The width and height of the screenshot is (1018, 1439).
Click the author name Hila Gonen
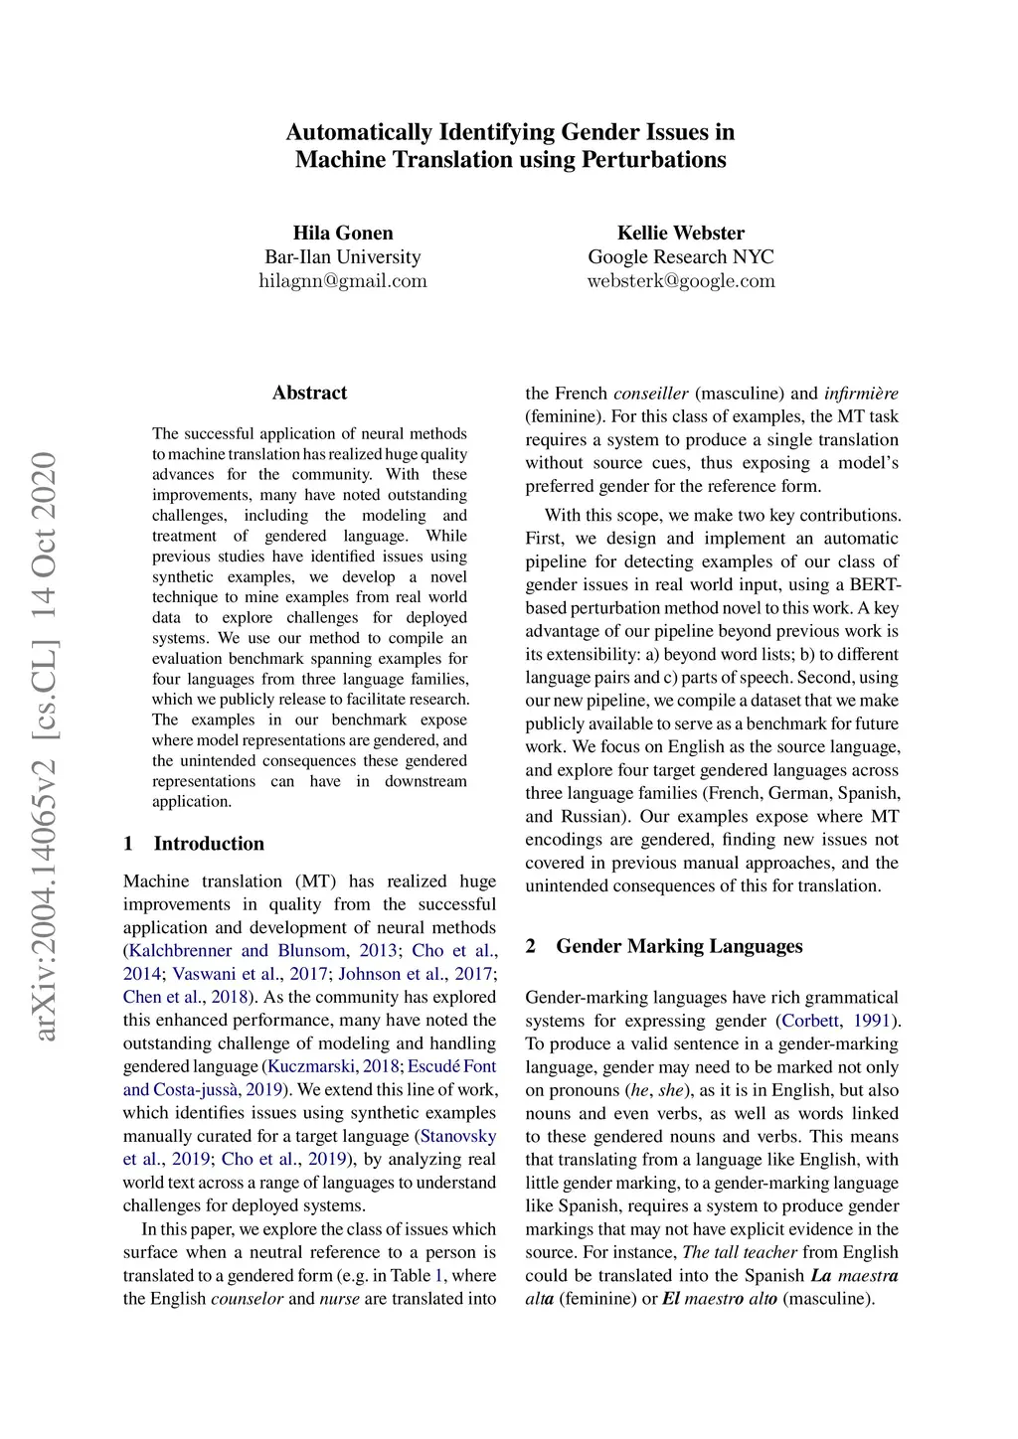pos(343,233)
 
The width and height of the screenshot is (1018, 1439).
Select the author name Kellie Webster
pos(680,233)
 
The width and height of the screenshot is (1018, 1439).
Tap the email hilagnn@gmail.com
pos(343,280)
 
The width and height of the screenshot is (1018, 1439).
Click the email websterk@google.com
pos(680,280)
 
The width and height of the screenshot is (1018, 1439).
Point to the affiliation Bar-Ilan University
pos(343,256)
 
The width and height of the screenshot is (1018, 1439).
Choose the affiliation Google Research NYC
pos(680,256)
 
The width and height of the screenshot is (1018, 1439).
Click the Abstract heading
pos(309,393)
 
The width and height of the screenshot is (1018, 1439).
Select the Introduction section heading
pos(209,844)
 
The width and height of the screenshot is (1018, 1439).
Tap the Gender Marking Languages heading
pos(679,946)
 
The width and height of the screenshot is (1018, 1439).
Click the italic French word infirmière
pos(861,394)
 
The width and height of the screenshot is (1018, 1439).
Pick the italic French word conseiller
pos(650,394)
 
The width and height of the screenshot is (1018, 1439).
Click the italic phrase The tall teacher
pos(740,1252)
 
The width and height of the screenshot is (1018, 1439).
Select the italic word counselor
pos(247,1299)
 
